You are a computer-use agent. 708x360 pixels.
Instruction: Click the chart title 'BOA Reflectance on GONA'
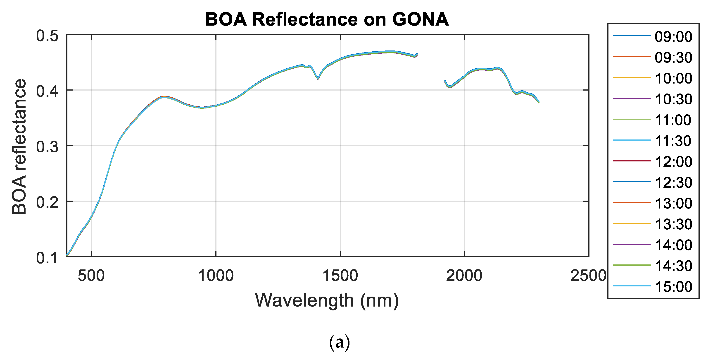click(x=327, y=19)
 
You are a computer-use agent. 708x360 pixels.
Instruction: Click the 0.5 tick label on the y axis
click(x=47, y=36)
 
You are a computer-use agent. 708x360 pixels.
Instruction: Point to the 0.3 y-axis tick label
click(x=47, y=147)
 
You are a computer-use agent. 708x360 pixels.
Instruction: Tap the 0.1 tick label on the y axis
click(x=47, y=258)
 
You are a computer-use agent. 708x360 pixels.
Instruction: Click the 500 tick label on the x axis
click(x=91, y=276)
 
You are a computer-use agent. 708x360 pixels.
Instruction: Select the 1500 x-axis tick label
click(x=340, y=276)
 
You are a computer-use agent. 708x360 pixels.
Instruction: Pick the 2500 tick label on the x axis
click(x=588, y=276)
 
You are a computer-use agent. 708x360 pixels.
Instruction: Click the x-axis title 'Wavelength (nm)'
click(x=327, y=300)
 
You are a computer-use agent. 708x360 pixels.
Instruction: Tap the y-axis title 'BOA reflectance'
click(x=19, y=146)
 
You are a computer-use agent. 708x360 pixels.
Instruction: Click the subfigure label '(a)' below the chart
click(x=340, y=343)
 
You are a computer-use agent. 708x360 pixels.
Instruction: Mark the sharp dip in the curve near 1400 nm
click(x=318, y=79)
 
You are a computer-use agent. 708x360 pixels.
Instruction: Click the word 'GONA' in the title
click(x=420, y=19)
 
